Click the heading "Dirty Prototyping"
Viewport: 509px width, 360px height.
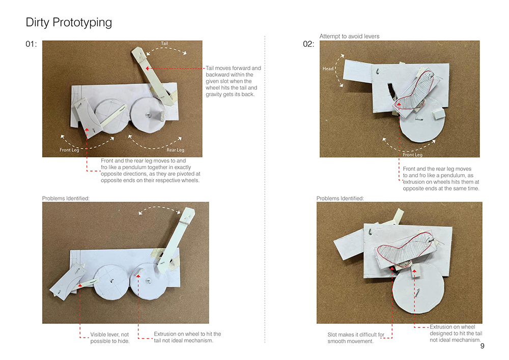(x=69, y=22)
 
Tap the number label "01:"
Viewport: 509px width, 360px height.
(x=31, y=44)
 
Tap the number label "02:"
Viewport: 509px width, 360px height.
(x=308, y=44)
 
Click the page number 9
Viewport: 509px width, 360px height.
(x=482, y=346)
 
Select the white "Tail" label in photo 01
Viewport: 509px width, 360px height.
(x=164, y=43)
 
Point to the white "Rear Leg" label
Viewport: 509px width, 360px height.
(x=175, y=150)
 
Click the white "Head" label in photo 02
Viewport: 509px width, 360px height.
(x=328, y=69)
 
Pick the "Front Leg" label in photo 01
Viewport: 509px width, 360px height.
(x=69, y=150)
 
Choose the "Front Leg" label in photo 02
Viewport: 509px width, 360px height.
(x=413, y=155)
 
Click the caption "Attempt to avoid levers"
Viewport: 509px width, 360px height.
(x=349, y=36)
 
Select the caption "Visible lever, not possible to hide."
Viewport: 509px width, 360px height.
(x=110, y=338)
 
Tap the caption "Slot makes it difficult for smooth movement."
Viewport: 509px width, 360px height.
(x=356, y=338)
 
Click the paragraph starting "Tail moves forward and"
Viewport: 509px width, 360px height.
(x=234, y=81)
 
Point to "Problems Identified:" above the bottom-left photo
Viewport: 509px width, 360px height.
(x=66, y=199)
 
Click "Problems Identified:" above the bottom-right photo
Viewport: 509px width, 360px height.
(x=340, y=199)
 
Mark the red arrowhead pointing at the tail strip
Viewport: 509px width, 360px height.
(x=148, y=69)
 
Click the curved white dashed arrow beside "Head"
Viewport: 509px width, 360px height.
(x=336, y=70)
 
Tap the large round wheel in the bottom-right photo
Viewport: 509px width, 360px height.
(x=418, y=288)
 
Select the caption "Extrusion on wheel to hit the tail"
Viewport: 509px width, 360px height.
(x=187, y=334)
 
